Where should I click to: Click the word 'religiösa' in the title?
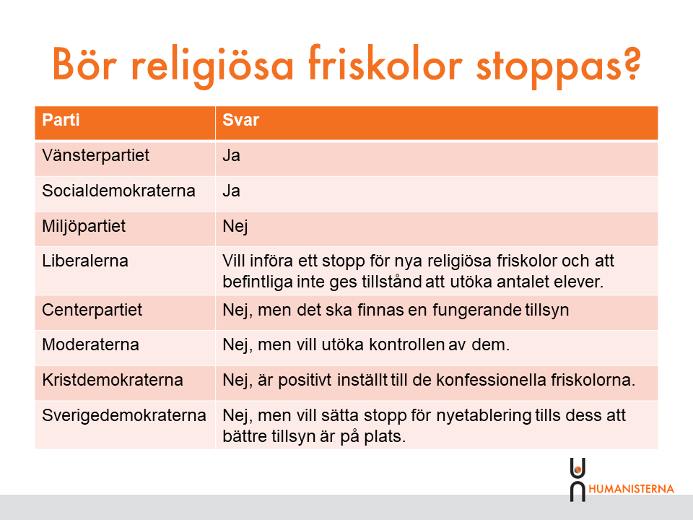click(212, 66)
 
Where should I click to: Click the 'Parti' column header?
click(61, 120)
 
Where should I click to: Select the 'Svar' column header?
click(241, 120)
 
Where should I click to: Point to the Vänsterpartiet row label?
click(96, 156)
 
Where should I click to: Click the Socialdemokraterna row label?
click(118, 191)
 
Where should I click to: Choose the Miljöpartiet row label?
click(84, 226)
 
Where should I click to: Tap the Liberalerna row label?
click(85, 261)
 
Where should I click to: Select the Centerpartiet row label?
click(92, 310)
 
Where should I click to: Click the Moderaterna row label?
click(91, 344)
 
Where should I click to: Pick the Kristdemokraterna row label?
click(113, 380)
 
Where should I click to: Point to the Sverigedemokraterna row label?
click(124, 416)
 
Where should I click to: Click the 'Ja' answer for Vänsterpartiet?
click(232, 156)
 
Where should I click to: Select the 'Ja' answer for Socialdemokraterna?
click(232, 191)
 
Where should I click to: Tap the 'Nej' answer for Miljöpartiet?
click(235, 227)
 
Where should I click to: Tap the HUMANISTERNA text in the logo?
click(631, 489)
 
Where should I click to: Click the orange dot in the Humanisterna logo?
click(577, 469)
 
